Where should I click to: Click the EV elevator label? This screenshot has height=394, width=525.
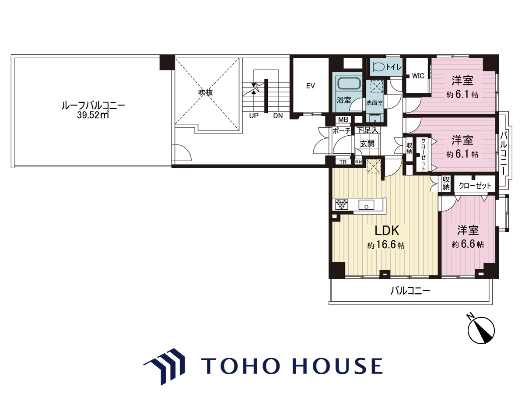tap(311, 86)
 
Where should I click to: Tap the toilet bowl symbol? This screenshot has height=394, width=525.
tap(377, 67)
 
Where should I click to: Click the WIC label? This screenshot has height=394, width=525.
tap(418, 76)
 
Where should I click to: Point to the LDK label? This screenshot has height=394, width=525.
tap(386, 231)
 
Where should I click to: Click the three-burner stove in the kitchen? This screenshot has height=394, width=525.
tap(342, 204)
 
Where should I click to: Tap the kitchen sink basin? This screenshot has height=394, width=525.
tap(366, 205)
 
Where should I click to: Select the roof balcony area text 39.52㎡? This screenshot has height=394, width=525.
tap(93, 115)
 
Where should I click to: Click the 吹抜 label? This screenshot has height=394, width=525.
tap(206, 92)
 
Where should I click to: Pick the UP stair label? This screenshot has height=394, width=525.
tap(254, 116)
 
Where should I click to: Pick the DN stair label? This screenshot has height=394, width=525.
tap(278, 116)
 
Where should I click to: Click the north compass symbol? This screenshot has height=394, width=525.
tap(481, 331)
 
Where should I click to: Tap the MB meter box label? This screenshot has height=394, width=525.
tap(343, 120)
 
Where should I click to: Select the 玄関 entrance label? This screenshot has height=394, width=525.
tap(367, 144)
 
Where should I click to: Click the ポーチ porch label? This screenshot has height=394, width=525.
tap(342, 131)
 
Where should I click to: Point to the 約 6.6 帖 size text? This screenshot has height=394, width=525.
tap(468, 244)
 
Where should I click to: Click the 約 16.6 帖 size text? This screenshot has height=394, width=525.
tap(386, 245)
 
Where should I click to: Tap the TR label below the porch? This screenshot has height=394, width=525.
tap(343, 162)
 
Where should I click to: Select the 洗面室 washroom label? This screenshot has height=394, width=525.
tap(374, 103)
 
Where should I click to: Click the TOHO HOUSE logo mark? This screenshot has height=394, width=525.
tap(165, 366)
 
